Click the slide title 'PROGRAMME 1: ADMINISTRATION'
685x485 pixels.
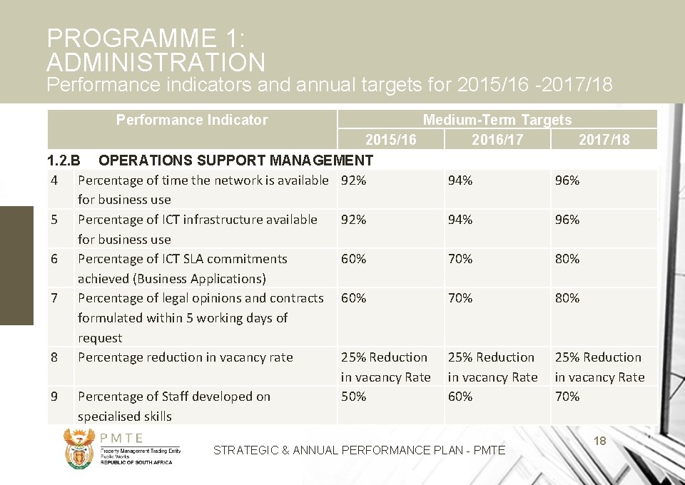(x=156, y=50)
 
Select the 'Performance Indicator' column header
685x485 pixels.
(x=192, y=120)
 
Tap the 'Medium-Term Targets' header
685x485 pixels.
(x=497, y=120)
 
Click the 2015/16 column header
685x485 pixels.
(x=390, y=139)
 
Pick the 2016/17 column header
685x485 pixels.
(x=497, y=139)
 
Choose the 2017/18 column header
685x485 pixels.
(x=604, y=139)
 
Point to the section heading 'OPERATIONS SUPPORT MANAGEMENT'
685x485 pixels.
(x=235, y=160)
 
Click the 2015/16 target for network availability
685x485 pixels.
(x=354, y=180)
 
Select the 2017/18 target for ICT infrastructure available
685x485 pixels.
(x=567, y=220)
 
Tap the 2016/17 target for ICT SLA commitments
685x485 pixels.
(x=460, y=259)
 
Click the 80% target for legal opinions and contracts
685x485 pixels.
(x=567, y=298)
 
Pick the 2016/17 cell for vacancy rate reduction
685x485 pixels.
(x=492, y=367)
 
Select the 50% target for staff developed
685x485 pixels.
(x=354, y=397)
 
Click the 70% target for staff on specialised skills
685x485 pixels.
(x=567, y=397)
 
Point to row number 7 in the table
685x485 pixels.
(x=54, y=298)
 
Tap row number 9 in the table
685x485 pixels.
(x=54, y=397)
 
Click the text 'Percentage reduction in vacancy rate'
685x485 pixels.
(x=185, y=357)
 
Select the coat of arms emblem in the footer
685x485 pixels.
(x=78, y=448)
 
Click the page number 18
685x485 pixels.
(x=599, y=441)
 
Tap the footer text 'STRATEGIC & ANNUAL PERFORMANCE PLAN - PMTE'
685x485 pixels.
(x=359, y=450)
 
